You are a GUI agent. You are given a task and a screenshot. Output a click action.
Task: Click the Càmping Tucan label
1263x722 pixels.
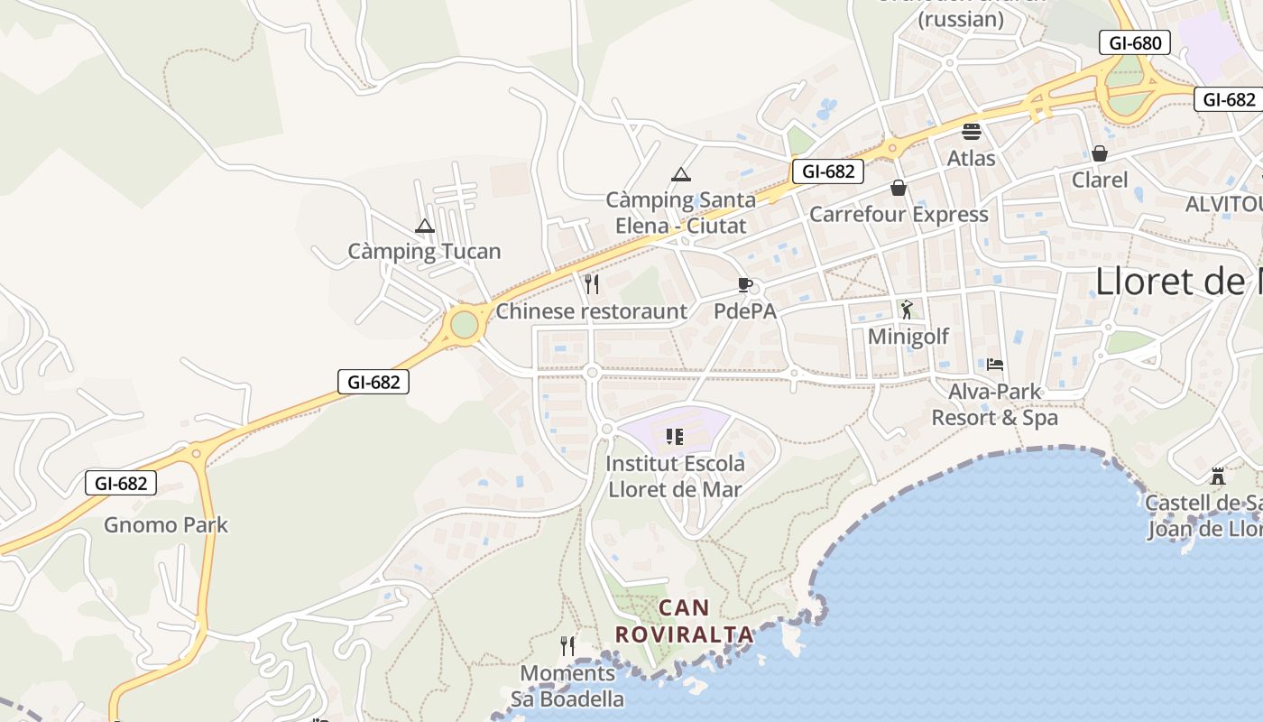[424, 251]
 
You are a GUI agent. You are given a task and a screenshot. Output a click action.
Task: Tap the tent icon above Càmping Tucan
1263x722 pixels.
[424, 226]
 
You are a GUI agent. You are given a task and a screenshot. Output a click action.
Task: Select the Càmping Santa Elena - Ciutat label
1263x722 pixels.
[680, 212]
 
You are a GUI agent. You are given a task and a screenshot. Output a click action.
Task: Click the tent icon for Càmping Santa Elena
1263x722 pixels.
[681, 174]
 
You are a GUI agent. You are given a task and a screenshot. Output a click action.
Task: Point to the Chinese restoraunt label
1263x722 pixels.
[592, 311]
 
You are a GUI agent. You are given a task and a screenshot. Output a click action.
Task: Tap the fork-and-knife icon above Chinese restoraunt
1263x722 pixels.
[592, 284]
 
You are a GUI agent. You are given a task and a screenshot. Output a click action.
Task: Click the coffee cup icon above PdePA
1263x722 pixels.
[745, 285]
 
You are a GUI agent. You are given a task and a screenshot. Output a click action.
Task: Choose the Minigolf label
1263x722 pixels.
[908, 337]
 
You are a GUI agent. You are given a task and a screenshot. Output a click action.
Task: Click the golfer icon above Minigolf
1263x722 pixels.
[907, 310]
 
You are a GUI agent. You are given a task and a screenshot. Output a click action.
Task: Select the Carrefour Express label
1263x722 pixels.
[899, 214]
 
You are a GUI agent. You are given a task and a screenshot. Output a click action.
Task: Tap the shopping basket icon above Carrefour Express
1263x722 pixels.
[899, 188]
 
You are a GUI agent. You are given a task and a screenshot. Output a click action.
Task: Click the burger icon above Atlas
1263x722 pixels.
[972, 132]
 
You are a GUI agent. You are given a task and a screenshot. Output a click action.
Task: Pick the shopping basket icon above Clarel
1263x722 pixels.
[1099, 153]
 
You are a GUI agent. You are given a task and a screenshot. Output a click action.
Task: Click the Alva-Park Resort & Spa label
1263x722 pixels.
[994, 404]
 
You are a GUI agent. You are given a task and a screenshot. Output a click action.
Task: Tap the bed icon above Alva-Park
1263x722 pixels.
[995, 365]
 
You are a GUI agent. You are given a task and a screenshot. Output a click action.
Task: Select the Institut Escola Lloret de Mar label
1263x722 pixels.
[675, 477]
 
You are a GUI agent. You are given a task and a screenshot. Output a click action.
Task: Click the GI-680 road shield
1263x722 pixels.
[1135, 42]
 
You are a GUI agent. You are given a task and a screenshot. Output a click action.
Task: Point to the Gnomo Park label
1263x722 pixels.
[166, 525]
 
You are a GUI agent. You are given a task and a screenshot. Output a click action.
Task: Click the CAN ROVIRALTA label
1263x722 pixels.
[683, 621]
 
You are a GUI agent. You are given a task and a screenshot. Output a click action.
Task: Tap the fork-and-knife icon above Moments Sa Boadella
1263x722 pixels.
[567, 646]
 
